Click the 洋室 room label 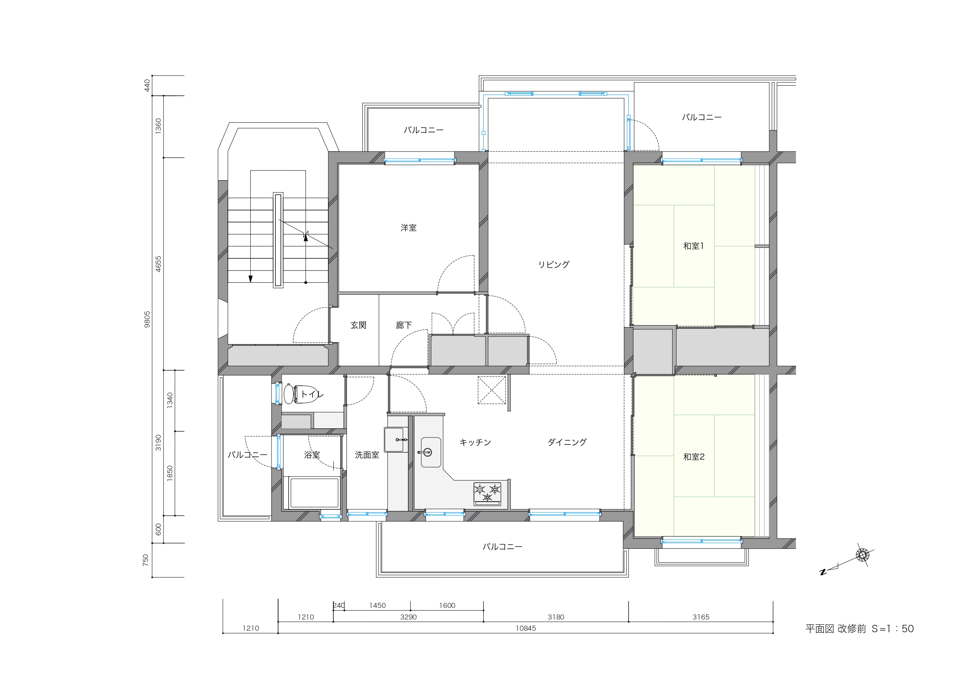[408, 228]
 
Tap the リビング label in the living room [554, 265]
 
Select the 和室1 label [693, 246]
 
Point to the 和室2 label [694, 457]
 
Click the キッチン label [475, 442]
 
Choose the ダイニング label [567, 442]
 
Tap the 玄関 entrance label [358, 325]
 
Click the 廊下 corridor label [404, 325]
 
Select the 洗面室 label [367, 455]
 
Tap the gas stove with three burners [487, 494]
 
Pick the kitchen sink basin [431, 452]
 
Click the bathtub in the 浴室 [314, 493]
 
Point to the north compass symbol [863, 555]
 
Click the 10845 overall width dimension [526, 628]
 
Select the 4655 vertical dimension [158, 264]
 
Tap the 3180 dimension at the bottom [556, 617]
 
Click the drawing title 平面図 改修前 [836, 629]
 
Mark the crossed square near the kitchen [491, 390]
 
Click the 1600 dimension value [447, 605]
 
